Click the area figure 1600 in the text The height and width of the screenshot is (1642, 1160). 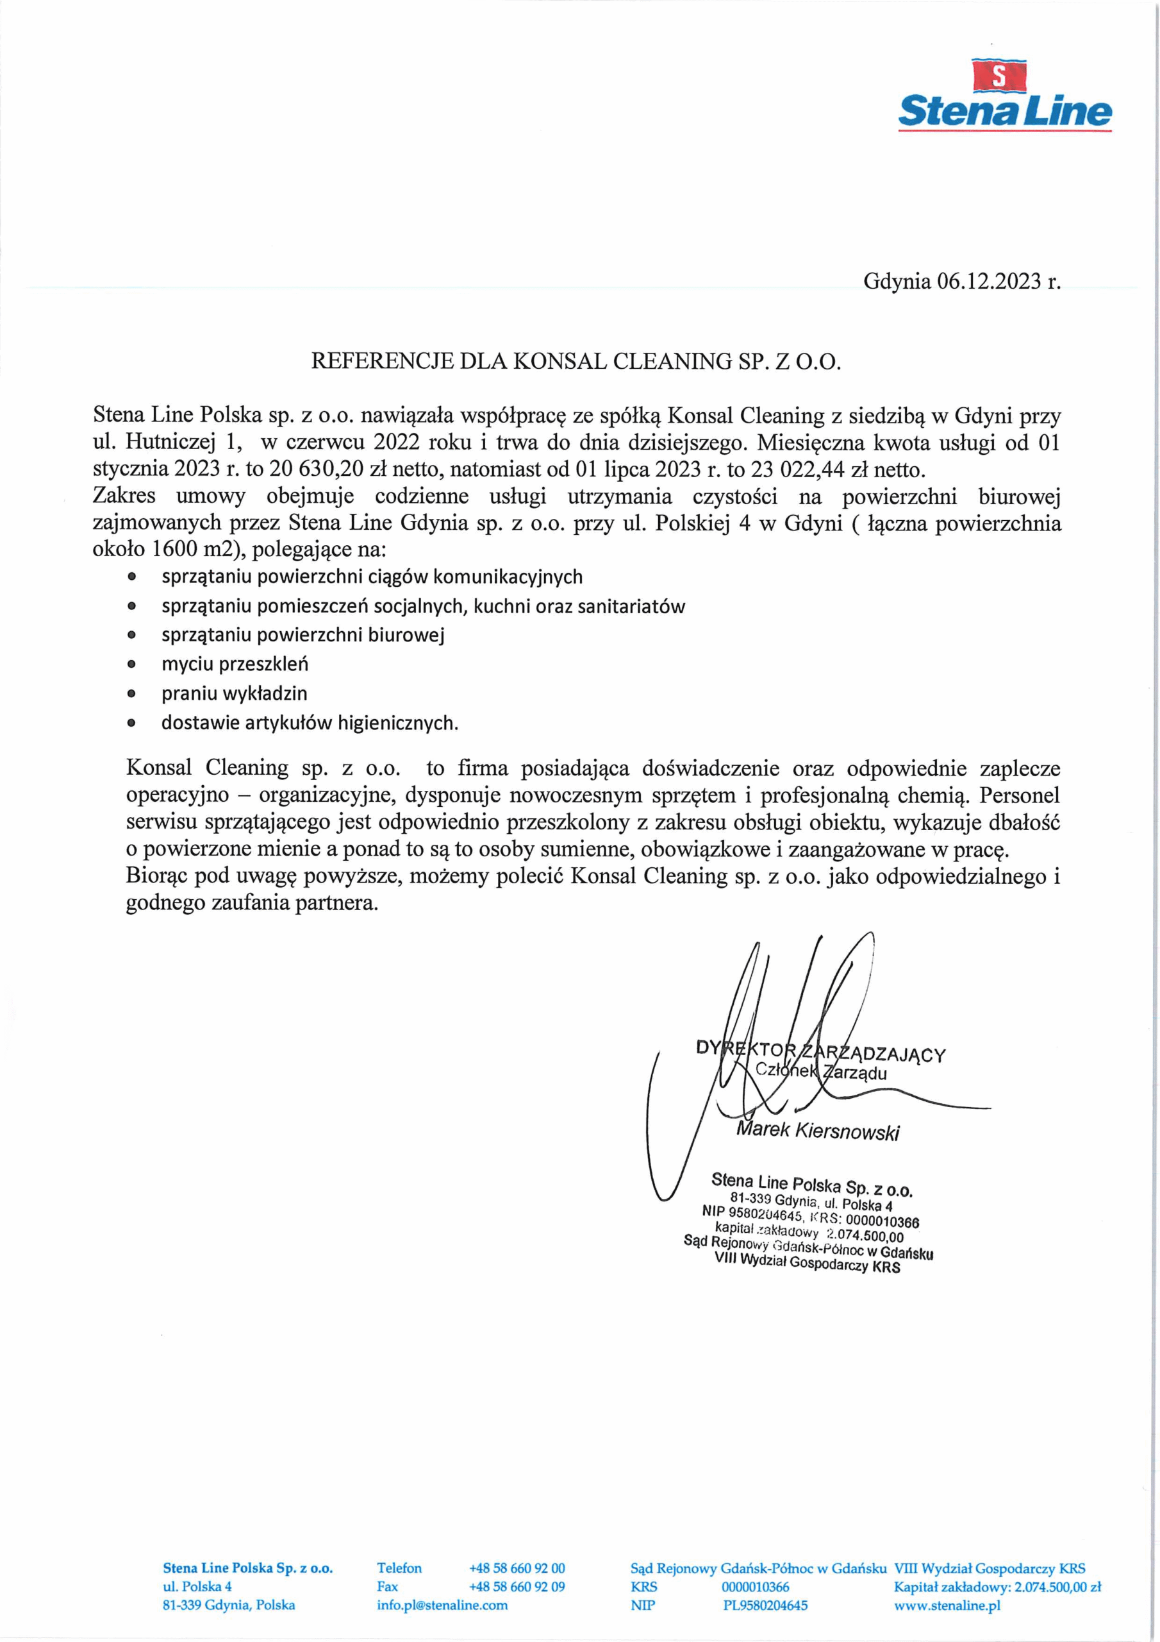pyautogui.click(x=174, y=549)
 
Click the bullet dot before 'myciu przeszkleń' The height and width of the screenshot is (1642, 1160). pyautogui.click(x=131, y=664)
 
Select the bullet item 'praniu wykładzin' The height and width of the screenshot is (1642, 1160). pyautogui.click(x=234, y=693)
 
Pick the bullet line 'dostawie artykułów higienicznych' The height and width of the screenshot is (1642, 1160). pyautogui.click(x=309, y=722)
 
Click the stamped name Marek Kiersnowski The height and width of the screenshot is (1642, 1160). pyautogui.click(x=818, y=1131)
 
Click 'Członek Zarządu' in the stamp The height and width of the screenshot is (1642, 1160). pyautogui.click(x=820, y=1071)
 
